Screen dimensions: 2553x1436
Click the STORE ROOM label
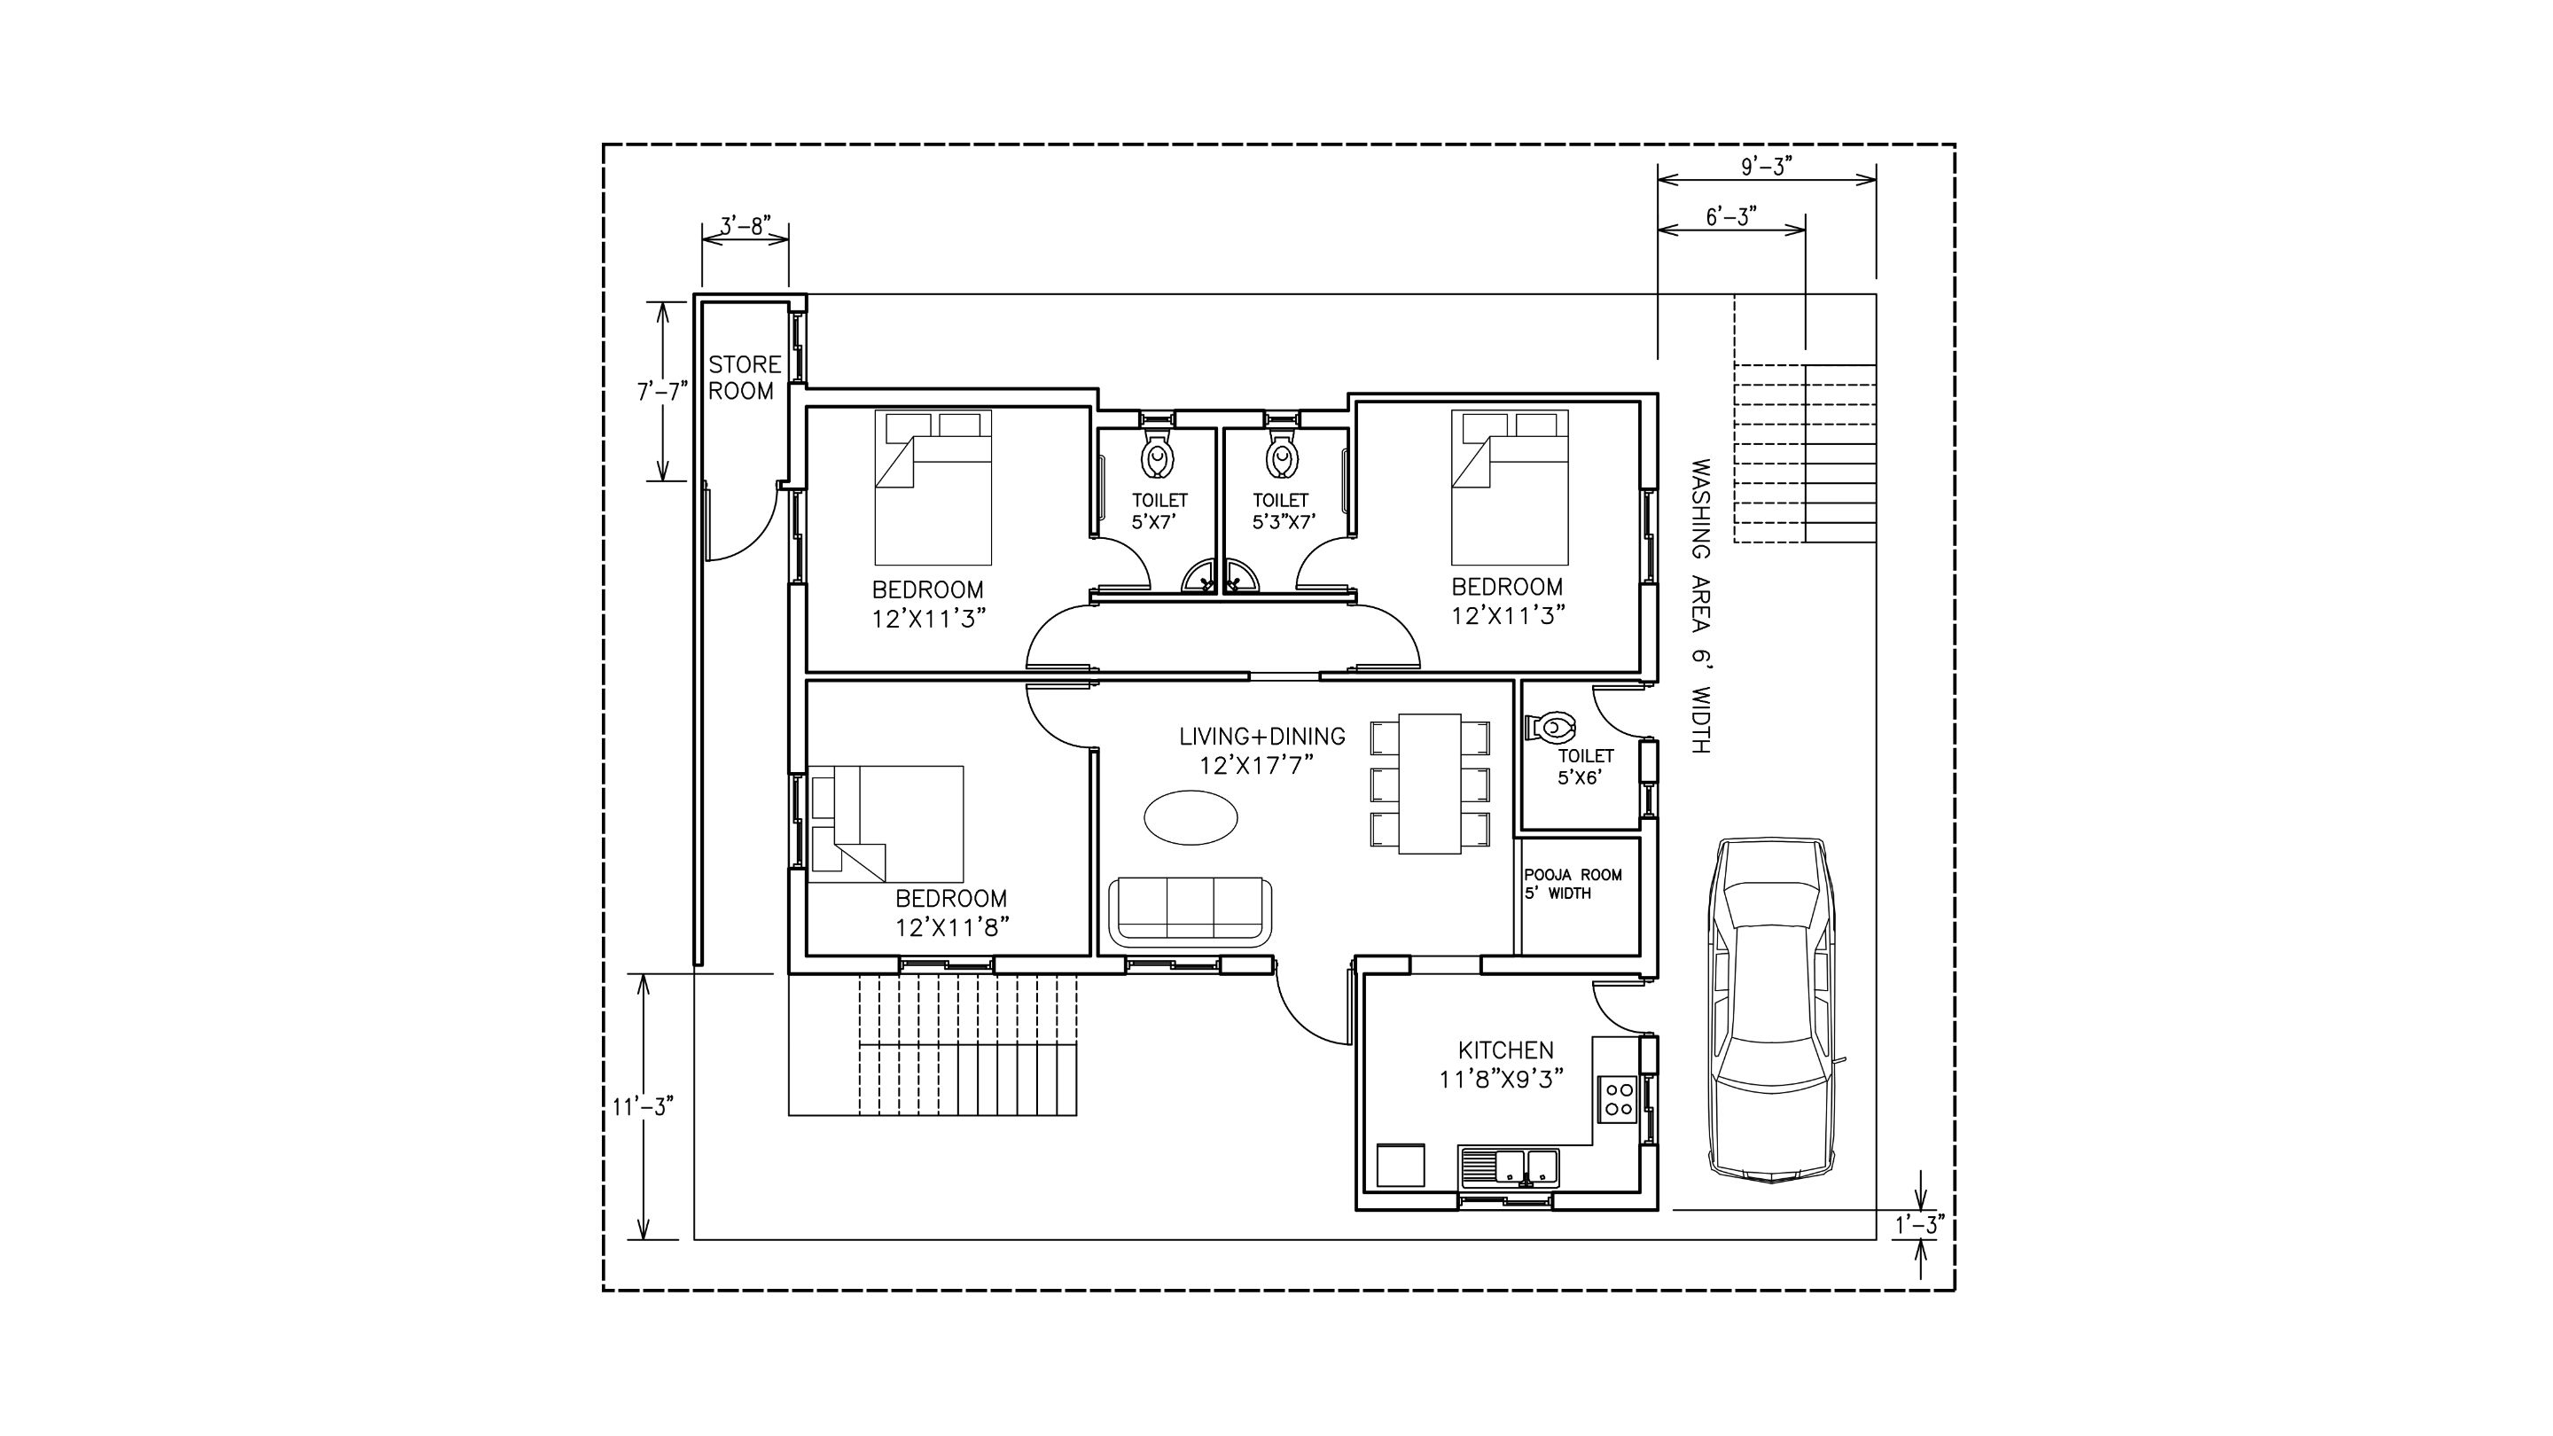point(745,378)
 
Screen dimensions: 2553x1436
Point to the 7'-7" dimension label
point(662,392)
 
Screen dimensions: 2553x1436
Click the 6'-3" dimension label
point(1731,217)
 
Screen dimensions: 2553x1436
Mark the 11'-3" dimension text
point(642,1106)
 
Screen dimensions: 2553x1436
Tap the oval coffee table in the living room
point(1191,817)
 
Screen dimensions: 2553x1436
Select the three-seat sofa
point(1191,910)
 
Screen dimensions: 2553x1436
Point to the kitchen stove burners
point(1620,1099)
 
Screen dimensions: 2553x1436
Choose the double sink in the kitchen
point(1509,1167)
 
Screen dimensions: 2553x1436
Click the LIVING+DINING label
point(1261,737)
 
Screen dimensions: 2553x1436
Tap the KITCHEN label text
point(1505,1050)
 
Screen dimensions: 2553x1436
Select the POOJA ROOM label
point(1573,875)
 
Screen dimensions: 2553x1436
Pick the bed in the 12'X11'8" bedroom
point(887,823)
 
